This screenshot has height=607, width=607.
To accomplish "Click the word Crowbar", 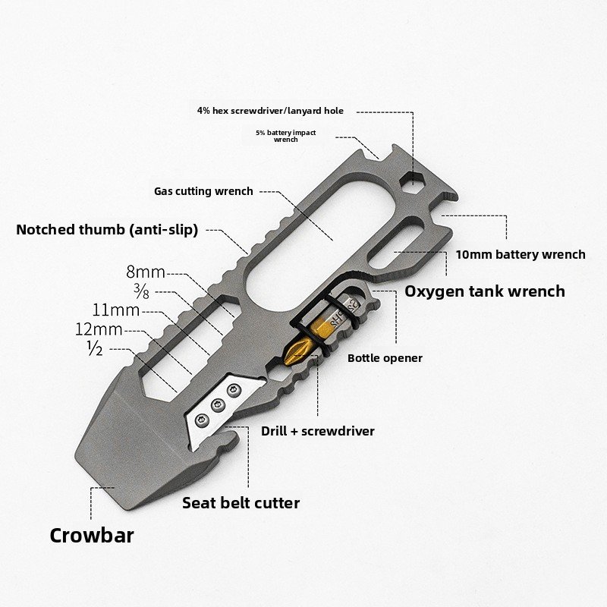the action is click(x=92, y=536).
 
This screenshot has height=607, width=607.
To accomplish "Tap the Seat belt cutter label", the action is click(x=241, y=503).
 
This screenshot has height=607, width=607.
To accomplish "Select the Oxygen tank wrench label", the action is click(x=485, y=291).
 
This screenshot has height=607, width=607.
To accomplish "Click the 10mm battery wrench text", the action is click(x=521, y=254).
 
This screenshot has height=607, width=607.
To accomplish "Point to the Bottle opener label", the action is click(x=385, y=358).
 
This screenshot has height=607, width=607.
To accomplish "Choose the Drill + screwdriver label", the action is click(x=318, y=431).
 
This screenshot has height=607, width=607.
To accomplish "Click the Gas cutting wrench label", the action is click(x=203, y=191).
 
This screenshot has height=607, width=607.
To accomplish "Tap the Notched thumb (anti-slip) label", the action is click(x=107, y=230).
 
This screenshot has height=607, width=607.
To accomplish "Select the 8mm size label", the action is click(x=146, y=272).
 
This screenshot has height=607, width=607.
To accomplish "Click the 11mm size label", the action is click(x=116, y=310).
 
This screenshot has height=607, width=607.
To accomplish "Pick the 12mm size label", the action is click(x=99, y=329).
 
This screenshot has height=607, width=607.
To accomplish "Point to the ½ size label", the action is click(x=96, y=348).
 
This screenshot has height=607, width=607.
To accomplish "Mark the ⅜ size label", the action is click(x=141, y=291).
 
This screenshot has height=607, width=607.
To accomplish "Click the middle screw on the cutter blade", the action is click(x=218, y=405).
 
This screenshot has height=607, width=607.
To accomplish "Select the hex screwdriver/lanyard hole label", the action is click(x=270, y=111).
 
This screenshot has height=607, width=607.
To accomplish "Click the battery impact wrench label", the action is click(x=286, y=136).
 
